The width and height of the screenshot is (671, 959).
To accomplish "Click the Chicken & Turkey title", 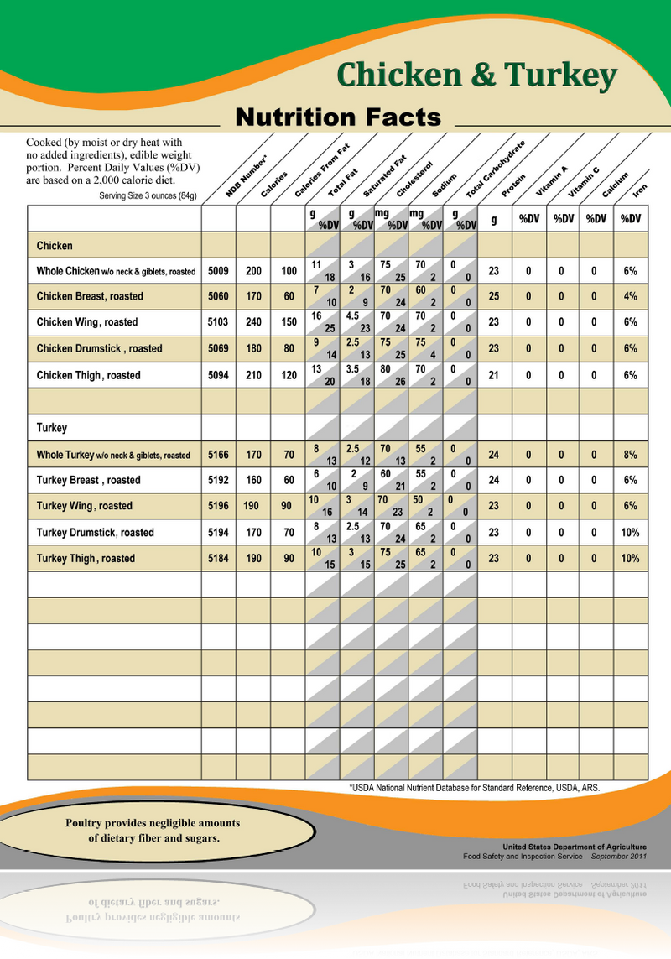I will (476, 76).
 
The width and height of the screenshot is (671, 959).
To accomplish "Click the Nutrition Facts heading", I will (338, 117).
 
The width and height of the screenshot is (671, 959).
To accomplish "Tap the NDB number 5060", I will (218, 296).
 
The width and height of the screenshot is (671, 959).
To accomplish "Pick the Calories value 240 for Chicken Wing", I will (253, 322).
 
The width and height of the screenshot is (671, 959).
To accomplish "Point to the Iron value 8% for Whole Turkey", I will (630, 456).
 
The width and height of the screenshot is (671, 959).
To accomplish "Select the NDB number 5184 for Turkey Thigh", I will (218, 559).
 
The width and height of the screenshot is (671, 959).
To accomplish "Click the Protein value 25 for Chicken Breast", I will (494, 296).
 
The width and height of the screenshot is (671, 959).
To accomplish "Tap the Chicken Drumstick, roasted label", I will (100, 348).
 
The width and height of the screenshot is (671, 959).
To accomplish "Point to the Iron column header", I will (640, 191).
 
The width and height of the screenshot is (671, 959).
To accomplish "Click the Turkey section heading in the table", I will (52, 428).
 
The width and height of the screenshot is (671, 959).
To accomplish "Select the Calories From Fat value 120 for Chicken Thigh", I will (288, 376).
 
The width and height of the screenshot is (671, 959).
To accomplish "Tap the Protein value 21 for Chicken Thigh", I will (494, 376).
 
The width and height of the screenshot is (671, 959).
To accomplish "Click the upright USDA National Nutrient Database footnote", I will (474, 788).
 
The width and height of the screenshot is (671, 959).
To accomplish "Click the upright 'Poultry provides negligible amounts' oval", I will (153, 831).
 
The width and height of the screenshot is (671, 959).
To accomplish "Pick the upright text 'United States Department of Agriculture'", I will (575, 847).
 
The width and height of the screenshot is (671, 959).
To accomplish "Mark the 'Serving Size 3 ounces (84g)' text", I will (148, 196).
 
